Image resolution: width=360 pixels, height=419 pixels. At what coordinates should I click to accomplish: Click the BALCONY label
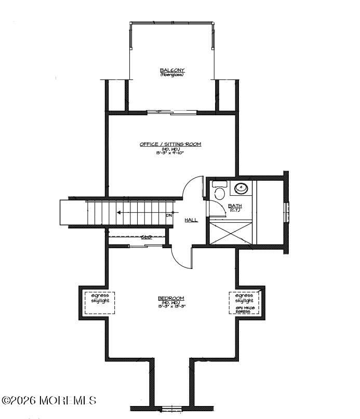tap(172, 70)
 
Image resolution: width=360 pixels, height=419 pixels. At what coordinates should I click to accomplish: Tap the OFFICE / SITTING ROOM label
tap(170, 144)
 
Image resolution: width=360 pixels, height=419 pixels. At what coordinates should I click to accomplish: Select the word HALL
tap(191, 220)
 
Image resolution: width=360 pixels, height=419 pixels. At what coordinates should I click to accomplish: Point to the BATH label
tap(235, 206)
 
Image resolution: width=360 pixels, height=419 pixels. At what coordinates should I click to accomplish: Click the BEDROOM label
tap(171, 298)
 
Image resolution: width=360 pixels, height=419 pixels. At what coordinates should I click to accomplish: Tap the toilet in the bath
tap(219, 192)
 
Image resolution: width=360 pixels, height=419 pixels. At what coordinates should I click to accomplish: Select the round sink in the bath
tap(241, 188)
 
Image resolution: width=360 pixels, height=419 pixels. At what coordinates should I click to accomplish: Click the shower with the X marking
tap(230, 231)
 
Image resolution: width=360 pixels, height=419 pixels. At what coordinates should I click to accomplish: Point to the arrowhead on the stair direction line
tap(119, 212)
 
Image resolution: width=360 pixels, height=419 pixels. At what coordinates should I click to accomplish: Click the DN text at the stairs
tap(169, 215)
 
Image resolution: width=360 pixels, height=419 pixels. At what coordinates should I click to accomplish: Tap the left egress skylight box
tap(100, 303)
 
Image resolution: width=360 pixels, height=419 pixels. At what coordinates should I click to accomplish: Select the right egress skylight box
tap(244, 303)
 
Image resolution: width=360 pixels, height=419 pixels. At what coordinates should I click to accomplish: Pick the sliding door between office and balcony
tap(171, 112)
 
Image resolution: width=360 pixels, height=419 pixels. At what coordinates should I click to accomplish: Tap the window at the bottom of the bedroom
tap(172, 409)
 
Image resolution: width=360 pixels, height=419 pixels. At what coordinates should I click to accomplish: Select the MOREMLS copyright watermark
tap(49, 400)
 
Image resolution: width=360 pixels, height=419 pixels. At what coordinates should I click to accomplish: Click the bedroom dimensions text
tap(171, 306)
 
